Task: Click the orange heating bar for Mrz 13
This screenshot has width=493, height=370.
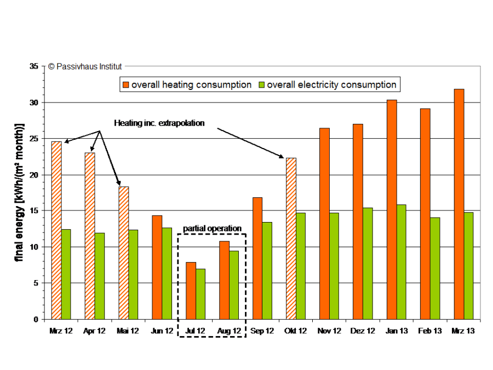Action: pyautogui.click(x=459, y=204)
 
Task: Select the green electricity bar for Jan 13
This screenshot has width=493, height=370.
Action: pyautogui.click(x=402, y=261)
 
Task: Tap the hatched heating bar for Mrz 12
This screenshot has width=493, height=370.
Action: pyautogui.click(x=56, y=230)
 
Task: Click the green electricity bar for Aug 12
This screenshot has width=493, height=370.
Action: pyautogui.click(x=234, y=285)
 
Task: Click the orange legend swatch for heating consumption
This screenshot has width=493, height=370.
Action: pyautogui.click(x=125, y=85)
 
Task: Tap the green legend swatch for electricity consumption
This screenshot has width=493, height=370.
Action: pyautogui.click(x=261, y=85)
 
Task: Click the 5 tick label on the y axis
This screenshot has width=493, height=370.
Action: pyautogui.click(x=36, y=283)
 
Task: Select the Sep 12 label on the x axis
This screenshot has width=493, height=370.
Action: pyautogui.click(x=262, y=331)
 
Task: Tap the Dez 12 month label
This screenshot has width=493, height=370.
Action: pyautogui.click(x=363, y=331)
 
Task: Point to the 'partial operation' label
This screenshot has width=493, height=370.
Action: pyautogui.click(x=212, y=228)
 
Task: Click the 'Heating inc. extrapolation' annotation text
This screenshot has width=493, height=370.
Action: pyautogui.click(x=159, y=123)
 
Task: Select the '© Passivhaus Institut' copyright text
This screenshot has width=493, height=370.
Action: pyautogui.click(x=85, y=66)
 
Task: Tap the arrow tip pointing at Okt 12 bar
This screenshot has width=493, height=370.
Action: pyautogui.click(x=283, y=158)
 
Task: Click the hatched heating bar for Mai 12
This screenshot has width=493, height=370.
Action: pyautogui.click(x=123, y=253)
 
